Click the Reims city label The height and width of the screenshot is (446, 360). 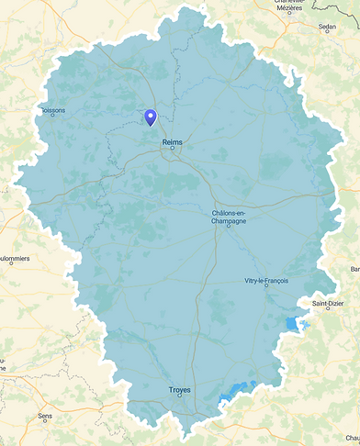click(x=172, y=142)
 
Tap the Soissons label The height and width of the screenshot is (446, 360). click(x=54, y=112)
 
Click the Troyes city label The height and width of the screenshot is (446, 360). click(x=180, y=390)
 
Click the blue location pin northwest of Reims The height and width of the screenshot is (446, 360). click(x=151, y=117)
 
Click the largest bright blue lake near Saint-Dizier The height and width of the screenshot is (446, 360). click(x=293, y=324)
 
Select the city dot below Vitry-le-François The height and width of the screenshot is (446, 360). click(x=266, y=285)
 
